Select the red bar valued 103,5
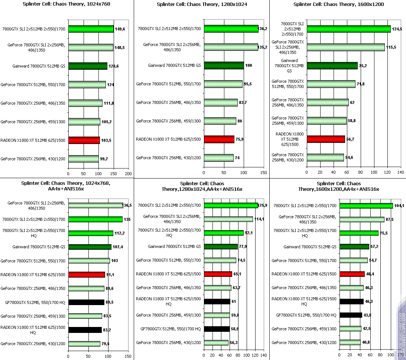click(84, 140)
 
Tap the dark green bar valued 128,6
click(88, 66)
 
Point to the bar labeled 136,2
click(231, 29)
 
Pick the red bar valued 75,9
click(219, 140)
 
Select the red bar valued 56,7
click(326, 139)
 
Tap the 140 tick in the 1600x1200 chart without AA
click(401, 173)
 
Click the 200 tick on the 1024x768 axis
click(129, 174)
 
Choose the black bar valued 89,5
click(86, 302)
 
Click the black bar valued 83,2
click(85, 330)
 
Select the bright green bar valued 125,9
click(231, 205)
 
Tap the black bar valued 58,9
click(217, 329)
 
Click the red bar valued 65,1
click(218, 274)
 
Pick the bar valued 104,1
click(366, 206)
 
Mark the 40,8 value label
click(367, 343)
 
